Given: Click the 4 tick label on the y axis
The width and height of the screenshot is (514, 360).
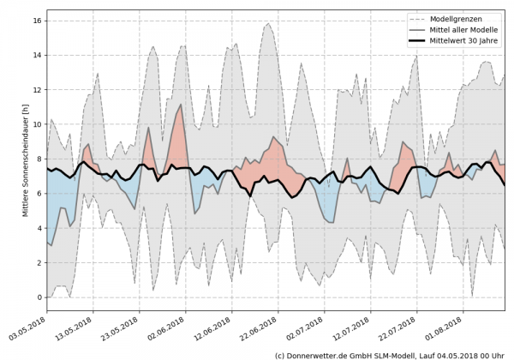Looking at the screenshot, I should [x=38, y=228].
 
